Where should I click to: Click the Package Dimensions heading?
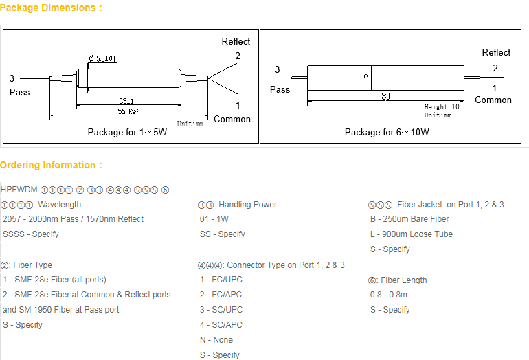[x=51, y=8]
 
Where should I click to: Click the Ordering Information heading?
[x=51, y=165]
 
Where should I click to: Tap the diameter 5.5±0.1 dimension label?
[x=102, y=58]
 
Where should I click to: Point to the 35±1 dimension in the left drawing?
[x=125, y=100]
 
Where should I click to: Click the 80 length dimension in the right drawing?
[x=386, y=97]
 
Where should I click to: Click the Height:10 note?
[x=442, y=107]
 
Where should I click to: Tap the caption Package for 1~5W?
[x=127, y=132]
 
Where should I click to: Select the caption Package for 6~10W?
[x=387, y=132]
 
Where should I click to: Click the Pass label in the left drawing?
[x=20, y=92]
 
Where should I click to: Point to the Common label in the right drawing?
[x=493, y=100]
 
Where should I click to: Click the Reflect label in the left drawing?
[x=236, y=42]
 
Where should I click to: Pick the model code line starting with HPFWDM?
[x=85, y=190]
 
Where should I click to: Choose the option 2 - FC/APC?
[x=221, y=295]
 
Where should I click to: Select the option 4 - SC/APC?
[x=221, y=325]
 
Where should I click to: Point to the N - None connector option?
[x=216, y=340]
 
